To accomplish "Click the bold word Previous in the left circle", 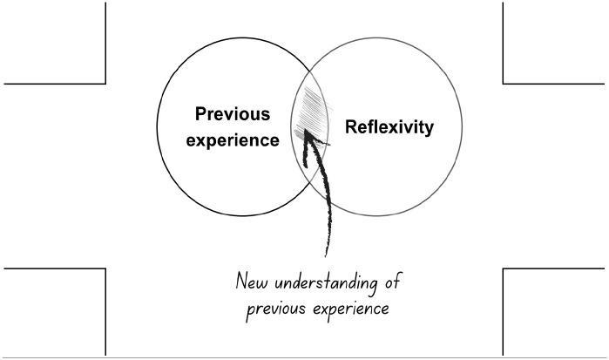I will point(233,115).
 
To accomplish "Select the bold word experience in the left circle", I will point(233,139).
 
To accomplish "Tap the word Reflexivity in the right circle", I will point(389,127).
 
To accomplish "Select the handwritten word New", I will point(253,283).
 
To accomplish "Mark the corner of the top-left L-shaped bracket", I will point(105,84).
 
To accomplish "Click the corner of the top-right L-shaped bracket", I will point(504,84).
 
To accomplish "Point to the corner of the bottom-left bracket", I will point(105,268).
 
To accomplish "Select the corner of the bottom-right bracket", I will point(504,268).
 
